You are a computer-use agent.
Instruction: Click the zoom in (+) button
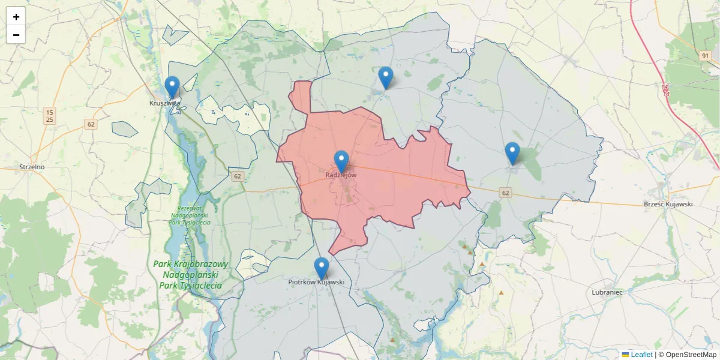tap(16, 17)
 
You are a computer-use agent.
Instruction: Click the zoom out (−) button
tap(16, 35)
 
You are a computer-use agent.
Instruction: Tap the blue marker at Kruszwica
tap(172, 87)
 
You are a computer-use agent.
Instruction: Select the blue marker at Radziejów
tap(341, 161)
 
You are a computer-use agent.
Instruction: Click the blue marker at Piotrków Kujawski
tap(322, 268)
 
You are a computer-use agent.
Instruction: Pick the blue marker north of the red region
tap(386, 77)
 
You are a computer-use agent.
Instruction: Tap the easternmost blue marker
tap(512, 153)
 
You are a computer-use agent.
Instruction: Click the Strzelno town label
tap(32, 167)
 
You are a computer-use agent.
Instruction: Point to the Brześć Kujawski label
tap(668, 204)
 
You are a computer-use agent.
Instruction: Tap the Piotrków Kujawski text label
tap(316, 281)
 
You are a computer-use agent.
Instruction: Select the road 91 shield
tap(706, 56)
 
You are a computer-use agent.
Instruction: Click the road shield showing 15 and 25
tap(50, 116)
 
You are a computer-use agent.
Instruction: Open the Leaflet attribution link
tap(641, 355)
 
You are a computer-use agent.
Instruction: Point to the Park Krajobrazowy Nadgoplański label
tap(190, 275)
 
